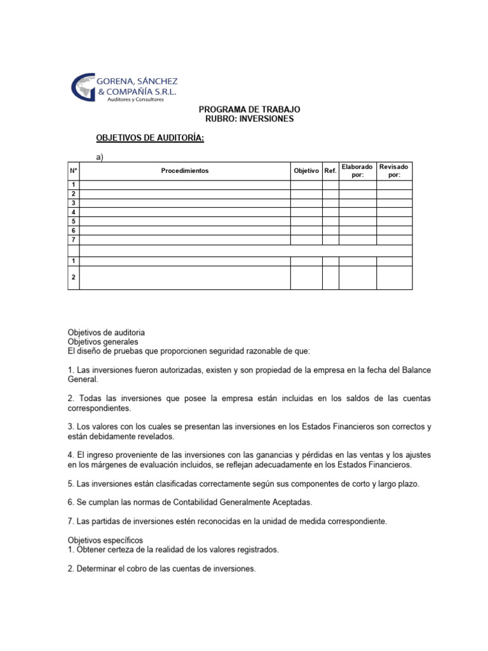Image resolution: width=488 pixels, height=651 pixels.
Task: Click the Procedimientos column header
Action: pyautogui.click(x=184, y=171)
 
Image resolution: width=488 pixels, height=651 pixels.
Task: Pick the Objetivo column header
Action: pyautogui.click(x=306, y=171)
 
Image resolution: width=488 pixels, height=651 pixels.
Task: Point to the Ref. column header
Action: pyautogui.click(x=330, y=171)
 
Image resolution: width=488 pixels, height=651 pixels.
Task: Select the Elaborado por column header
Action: pyautogui.click(x=358, y=171)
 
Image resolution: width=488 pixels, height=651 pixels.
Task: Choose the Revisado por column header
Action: pyautogui.click(x=394, y=171)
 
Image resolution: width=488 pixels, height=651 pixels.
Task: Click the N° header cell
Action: pyautogui.click(x=73, y=171)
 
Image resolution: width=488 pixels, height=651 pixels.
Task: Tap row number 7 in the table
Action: pyautogui.click(x=74, y=240)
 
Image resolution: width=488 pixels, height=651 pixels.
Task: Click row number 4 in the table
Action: pyautogui.click(x=74, y=212)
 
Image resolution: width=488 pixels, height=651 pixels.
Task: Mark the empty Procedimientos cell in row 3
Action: pyautogui.click(x=184, y=203)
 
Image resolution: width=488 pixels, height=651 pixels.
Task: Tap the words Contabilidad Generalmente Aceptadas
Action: pyautogui.click(x=238, y=502)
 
